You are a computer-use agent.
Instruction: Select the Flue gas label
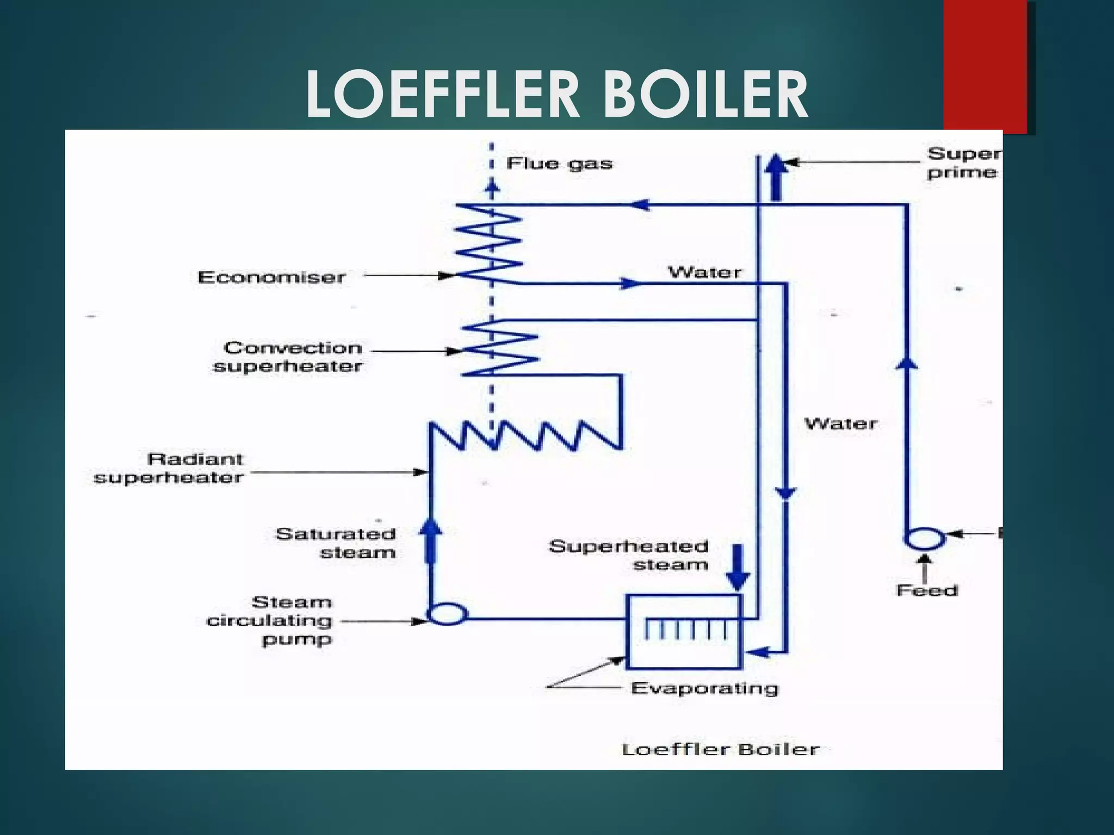pos(559,164)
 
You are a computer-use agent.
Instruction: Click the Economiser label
pos(271,277)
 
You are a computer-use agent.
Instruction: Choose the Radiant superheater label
pos(169,468)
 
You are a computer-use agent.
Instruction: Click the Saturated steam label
pos(336,543)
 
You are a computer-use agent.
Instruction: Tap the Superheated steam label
pos(629,555)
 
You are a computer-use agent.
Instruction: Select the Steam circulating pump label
pos(270,620)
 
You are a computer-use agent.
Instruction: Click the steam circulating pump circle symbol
pos(447,614)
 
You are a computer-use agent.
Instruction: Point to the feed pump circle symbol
pos(924,539)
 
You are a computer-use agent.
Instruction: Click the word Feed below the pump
pos(927,590)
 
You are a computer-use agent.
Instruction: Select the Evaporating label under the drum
pos(704,689)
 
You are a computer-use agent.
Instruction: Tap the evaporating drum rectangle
pos(683,632)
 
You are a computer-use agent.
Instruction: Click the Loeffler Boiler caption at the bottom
pos(720,750)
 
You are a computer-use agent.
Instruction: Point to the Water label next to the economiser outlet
pos(704,272)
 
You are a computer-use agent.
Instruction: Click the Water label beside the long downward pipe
pos(841,423)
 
